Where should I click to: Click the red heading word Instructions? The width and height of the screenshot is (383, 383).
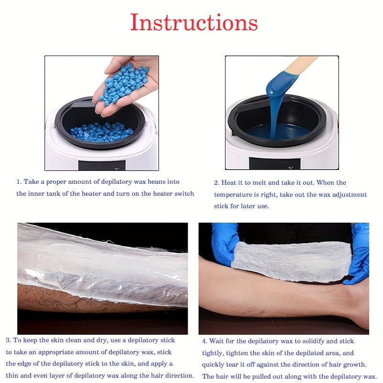pyautogui.click(x=194, y=22)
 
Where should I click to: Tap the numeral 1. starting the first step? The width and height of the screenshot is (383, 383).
pyautogui.click(x=19, y=182)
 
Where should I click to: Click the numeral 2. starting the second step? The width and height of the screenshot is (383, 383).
pyautogui.click(x=216, y=183)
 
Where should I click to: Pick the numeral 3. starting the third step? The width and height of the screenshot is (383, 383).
pyautogui.click(x=8, y=340)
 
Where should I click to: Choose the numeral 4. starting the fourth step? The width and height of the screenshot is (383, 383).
pyautogui.click(x=204, y=341)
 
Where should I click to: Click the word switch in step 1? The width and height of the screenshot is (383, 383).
pyautogui.click(x=184, y=194)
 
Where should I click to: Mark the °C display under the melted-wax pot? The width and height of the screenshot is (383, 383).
pyautogui.click(x=291, y=168)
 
